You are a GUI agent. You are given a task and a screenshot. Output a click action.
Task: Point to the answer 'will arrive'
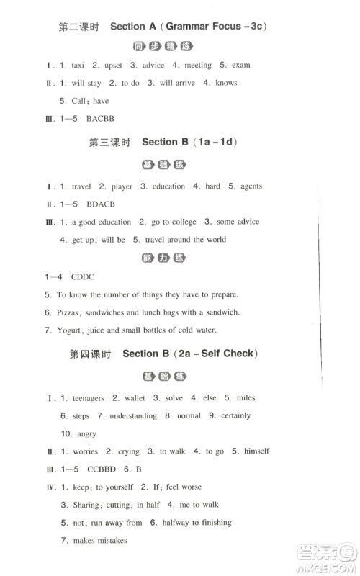[176, 83]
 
